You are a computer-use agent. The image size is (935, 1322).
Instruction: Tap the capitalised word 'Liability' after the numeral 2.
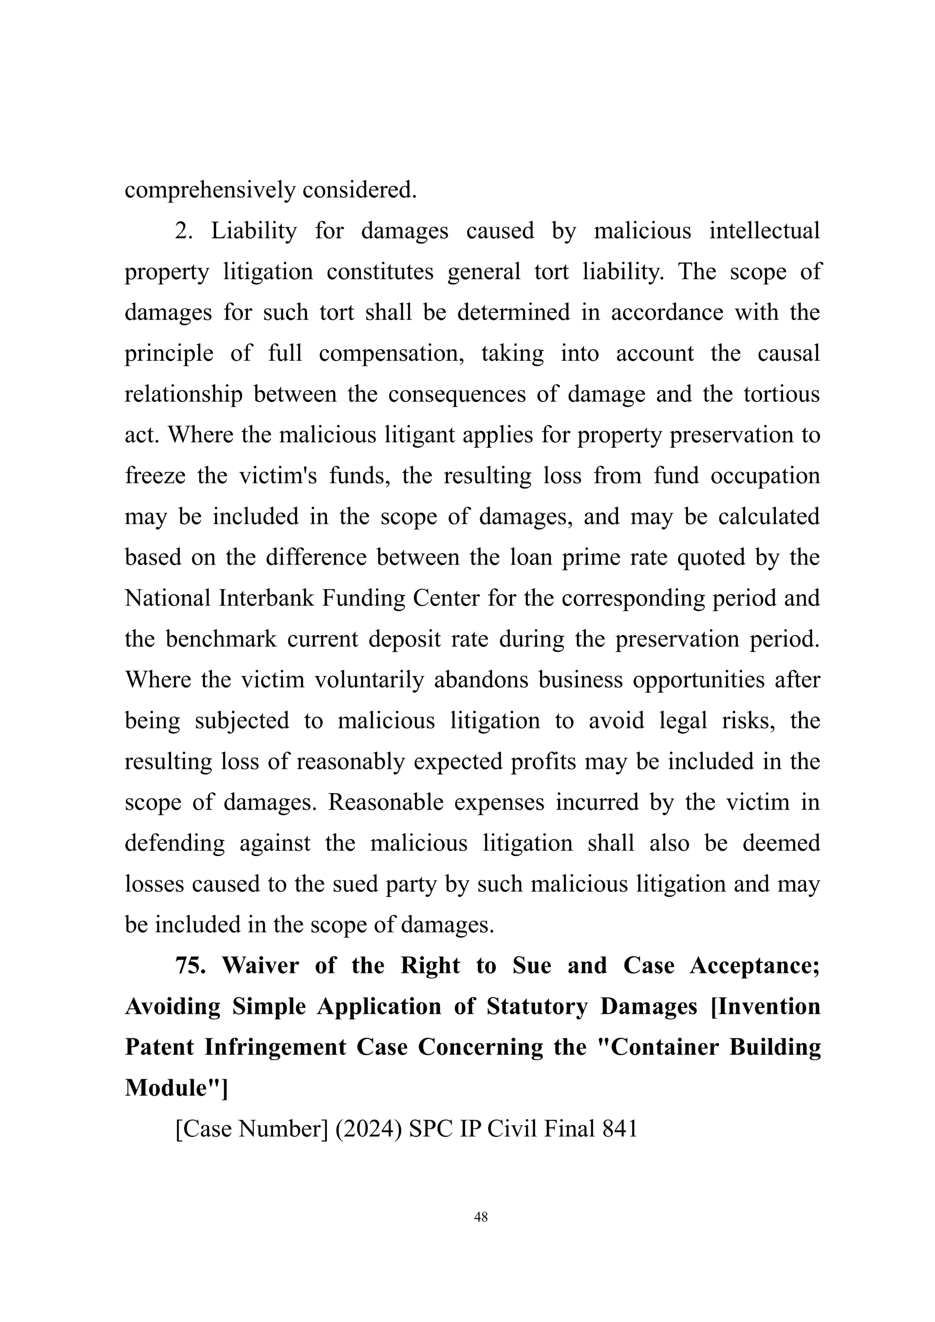(254, 231)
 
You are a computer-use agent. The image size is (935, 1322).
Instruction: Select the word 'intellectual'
(764, 231)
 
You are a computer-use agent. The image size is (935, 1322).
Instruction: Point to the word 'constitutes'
(380, 272)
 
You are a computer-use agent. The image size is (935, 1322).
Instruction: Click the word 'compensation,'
(392, 354)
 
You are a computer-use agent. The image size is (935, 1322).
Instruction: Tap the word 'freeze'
(155, 476)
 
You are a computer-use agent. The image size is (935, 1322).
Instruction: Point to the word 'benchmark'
(221, 640)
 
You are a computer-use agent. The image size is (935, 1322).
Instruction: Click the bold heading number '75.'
(190, 966)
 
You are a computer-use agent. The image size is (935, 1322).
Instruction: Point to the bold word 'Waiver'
(260, 966)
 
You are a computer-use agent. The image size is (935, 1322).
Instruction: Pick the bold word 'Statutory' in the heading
(537, 1007)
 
